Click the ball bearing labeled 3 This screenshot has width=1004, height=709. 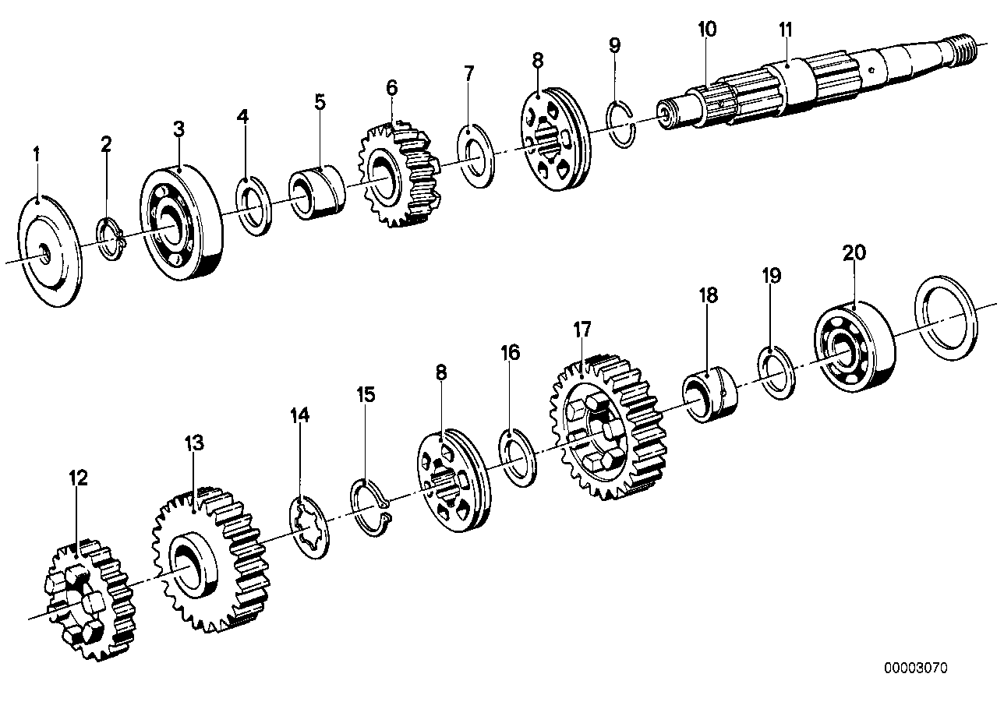pyautogui.click(x=181, y=226)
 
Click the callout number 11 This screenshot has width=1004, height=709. pyautogui.click(x=785, y=31)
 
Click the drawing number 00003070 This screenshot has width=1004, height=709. pyautogui.click(x=916, y=668)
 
